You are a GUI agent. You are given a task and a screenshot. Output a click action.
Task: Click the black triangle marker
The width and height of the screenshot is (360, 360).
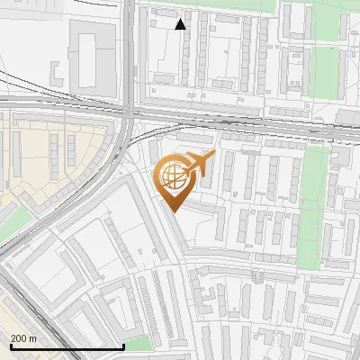pyautogui.click(x=181, y=23)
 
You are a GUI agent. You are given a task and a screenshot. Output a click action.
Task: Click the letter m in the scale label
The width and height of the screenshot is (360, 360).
pyautogui.click(x=33, y=338)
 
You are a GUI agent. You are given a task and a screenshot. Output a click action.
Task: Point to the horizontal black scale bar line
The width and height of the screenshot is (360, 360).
pyautogui.click(x=67, y=346)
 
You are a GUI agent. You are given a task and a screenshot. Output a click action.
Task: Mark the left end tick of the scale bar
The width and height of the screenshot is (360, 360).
pyautogui.click(x=11, y=345)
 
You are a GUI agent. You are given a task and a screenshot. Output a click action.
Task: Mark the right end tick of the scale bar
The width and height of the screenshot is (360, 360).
pyautogui.click(x=123, y=345)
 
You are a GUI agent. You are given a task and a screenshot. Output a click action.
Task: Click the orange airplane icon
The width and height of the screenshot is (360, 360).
pyautogui.click(x=201, y=164)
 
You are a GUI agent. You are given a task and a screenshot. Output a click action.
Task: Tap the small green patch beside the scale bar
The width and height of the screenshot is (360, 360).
pyautogui.click(x=139, y=344)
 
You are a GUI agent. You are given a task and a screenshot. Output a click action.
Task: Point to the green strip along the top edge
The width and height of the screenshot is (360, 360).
pyautogui.click(x=234, y=4)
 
